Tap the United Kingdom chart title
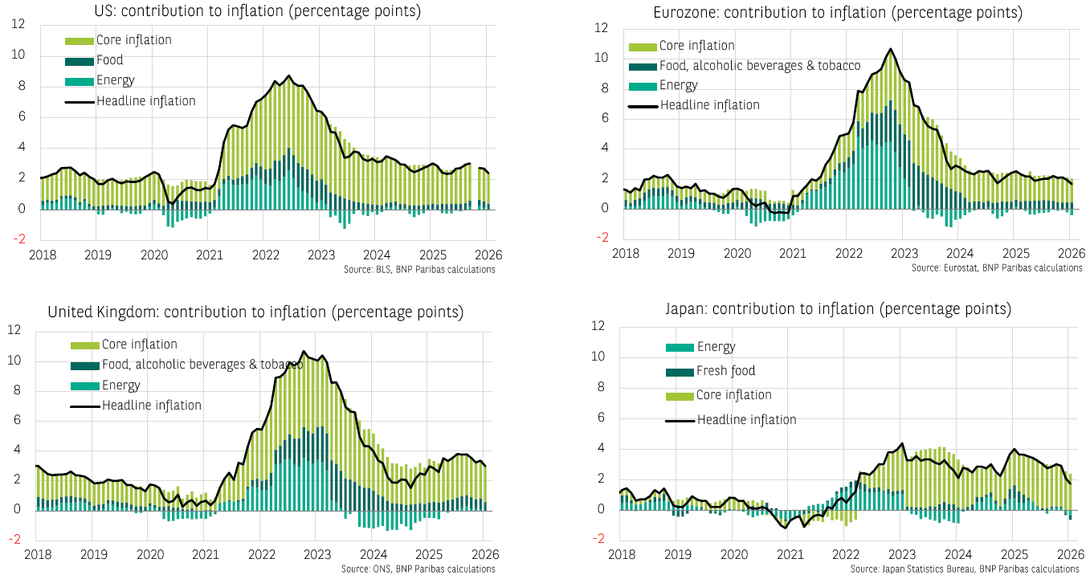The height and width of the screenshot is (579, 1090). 255,312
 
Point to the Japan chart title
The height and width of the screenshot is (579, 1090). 838,309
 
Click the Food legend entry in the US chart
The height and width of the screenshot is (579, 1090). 109,60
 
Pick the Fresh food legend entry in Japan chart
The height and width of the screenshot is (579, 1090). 725,371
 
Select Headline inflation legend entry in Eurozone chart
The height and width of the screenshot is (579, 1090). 709,105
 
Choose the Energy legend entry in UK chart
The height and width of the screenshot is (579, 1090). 120,385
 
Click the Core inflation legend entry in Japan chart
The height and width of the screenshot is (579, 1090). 734,395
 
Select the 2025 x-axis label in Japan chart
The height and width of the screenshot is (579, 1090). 1014,554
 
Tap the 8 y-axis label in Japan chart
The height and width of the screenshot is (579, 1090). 598,387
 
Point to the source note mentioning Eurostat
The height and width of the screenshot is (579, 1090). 997,267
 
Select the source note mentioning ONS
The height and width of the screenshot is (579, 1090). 418,569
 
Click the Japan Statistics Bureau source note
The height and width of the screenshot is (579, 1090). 965,569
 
